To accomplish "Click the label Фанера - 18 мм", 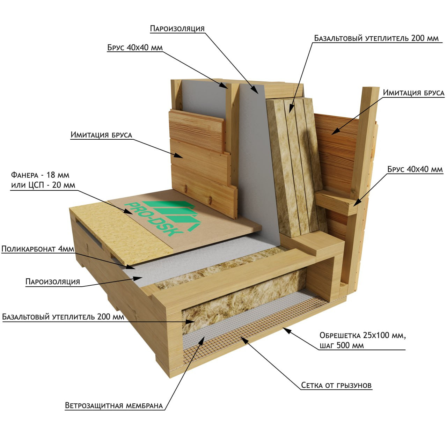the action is (x=40, y=175).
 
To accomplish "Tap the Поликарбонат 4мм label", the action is (x=38, y=249).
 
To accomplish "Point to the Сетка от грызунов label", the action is (x=336, y=385).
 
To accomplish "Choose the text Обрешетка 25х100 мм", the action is (x=362, y=335).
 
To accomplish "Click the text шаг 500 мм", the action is (x=342, y=345).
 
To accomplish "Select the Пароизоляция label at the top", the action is (x=177, y=28).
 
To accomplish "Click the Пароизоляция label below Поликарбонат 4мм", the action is (x=53, y=281).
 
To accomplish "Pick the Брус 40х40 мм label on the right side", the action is (x=415, y=169).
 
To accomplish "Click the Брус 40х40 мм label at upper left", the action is (x=135, y=47).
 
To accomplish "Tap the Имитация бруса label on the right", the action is (x=413, y=93).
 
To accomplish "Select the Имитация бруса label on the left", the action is (x=101, y=135).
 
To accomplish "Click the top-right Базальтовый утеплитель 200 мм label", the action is (x=376, y=38).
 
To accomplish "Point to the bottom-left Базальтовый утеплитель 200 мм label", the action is (x=63, y=317).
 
